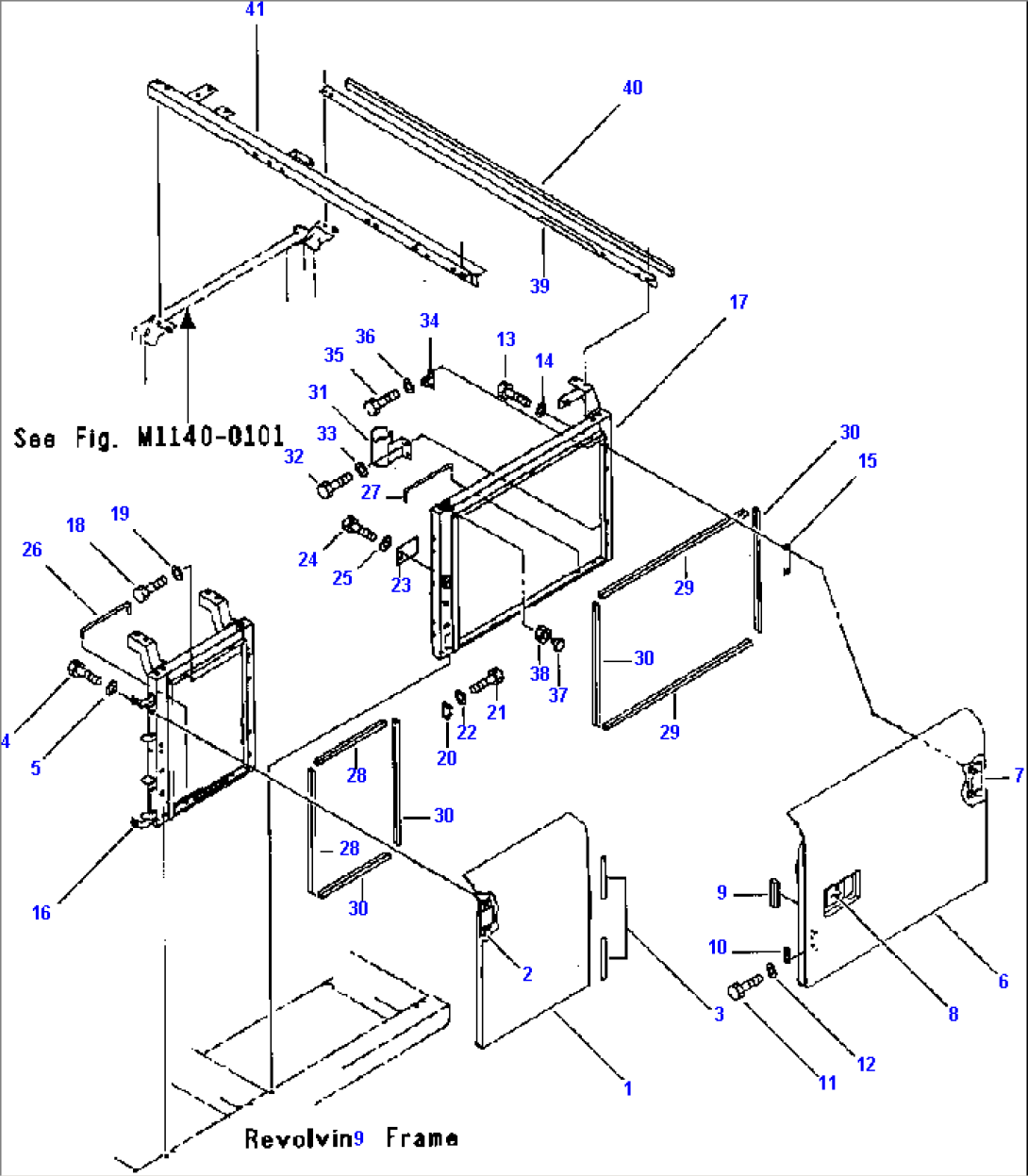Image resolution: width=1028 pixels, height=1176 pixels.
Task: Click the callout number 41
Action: (x=255, y=9)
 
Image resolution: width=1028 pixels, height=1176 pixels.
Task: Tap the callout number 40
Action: (x=632, y=88)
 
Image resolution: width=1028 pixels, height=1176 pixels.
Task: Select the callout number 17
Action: (x=738, y=302)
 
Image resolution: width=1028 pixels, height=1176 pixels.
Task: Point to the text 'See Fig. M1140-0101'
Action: (x=149, y=438)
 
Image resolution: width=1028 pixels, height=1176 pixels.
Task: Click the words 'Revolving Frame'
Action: (x=351, y=1138)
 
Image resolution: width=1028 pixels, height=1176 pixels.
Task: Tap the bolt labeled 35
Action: (x=379, y=404)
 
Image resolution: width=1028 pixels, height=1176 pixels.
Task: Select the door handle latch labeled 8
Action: (x=842, y=891)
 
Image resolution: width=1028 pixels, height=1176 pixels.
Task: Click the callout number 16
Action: (x=41, y=912)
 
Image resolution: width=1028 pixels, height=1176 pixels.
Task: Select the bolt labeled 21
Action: (x=489, y=679)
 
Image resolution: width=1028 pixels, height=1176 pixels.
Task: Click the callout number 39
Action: (x=539, y=286)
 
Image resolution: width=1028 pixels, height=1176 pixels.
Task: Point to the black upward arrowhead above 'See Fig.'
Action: (x=188, y=319)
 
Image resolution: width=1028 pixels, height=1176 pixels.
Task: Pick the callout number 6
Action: (x=1003, y=982)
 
